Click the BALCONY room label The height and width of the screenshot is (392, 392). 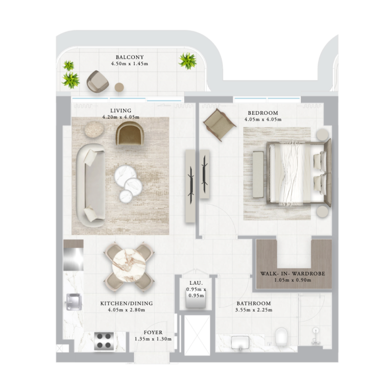(130, 57)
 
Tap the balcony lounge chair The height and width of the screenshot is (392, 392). (98, 81)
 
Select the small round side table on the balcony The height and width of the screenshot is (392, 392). (119, 87)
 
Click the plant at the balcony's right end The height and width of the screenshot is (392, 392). (187, 61)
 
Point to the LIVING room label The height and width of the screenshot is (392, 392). (121, 111)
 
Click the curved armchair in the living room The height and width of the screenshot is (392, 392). (130, 132)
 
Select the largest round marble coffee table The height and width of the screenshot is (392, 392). (125, 175)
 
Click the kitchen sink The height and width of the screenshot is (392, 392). (73, 301)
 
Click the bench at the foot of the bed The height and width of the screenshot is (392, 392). (259, 174)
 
